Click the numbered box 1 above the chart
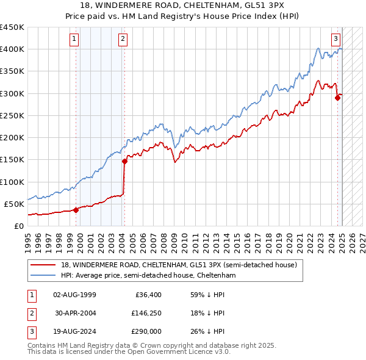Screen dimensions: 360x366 [x=74, y=39]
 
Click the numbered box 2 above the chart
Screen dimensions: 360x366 [x=123, y=39]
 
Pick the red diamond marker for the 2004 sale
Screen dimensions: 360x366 [x=124, y=161]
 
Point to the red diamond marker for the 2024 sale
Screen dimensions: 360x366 [x=337, y=98]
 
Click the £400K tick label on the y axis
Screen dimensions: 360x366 [x=12, y=49]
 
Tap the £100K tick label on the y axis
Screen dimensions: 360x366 [x=12, y=182]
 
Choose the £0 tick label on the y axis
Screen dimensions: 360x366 [x=18, y=226]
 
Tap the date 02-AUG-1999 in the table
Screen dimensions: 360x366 [x=75, y=295]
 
